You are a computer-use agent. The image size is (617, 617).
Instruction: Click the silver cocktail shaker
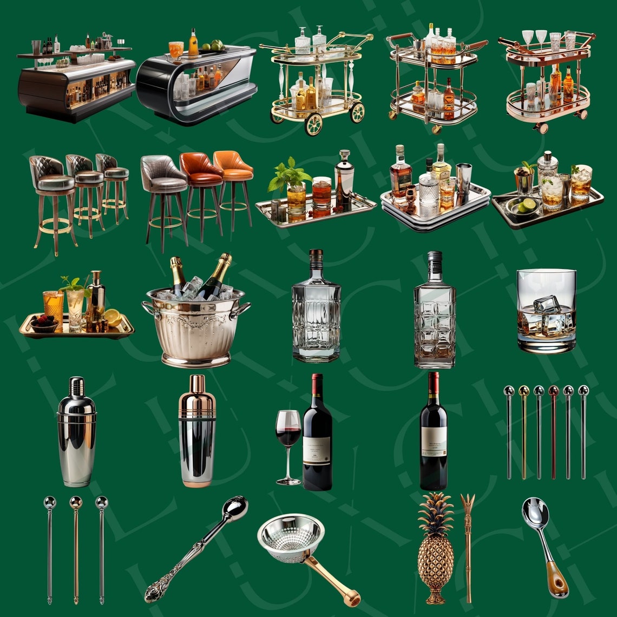tap(76, 433)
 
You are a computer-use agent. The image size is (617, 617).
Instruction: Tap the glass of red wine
tap(288, 428)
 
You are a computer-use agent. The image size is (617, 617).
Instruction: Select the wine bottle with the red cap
tap(434, 433)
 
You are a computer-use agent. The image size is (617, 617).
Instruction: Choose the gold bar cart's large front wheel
tap(313, 124)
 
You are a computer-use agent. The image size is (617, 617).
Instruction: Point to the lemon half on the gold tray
tap(113, 317)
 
